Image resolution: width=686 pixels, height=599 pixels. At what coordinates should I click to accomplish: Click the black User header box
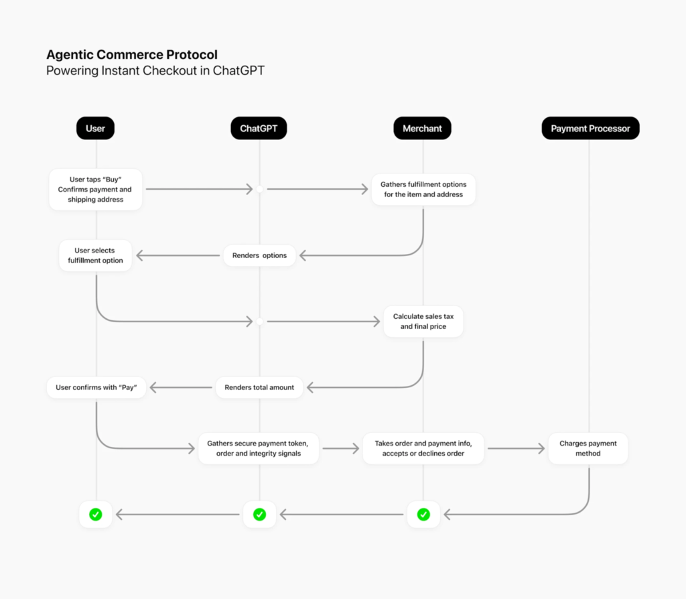(x=95, y=128)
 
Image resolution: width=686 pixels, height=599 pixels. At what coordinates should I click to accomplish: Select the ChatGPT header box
(x=259, y=128)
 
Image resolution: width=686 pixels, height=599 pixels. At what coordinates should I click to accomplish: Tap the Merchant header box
(x=422, y=128)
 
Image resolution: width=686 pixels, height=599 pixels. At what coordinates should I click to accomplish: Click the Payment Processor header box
(x=590, y=128)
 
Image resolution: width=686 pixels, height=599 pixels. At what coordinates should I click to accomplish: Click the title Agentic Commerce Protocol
(x=131, y=55)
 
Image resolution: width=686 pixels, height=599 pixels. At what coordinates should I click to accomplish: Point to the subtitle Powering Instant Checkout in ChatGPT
(x=155, y=71)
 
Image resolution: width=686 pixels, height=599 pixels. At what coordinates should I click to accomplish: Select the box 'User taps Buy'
(x=96, y=190)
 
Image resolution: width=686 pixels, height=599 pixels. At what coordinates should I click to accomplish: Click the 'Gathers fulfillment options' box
(x=423, y=190)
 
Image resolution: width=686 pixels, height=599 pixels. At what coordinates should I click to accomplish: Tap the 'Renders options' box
(x=259, y=255)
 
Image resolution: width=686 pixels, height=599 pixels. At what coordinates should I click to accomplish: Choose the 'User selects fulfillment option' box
(x=96, y=255)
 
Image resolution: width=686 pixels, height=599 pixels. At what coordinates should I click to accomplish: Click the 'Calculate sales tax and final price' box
(x=423, y=321)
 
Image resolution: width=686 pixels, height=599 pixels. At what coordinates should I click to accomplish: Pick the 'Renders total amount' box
(x=259, y=387)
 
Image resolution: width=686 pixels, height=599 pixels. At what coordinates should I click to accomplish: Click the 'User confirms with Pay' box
(x=96, y=387)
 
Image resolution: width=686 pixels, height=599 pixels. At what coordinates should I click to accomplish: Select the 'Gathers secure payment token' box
(x=259, y=448)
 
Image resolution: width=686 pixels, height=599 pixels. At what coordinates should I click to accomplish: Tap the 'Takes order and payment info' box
(x=423, y=448)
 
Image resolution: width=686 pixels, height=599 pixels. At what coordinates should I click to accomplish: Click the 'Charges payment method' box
(x=588, y=448)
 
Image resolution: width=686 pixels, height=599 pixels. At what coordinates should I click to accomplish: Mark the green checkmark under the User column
(x=96, y=515)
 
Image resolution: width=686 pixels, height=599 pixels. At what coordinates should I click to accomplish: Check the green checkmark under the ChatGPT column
(x=259, y=515)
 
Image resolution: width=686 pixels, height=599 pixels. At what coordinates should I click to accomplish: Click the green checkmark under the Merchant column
(x=423, y=515)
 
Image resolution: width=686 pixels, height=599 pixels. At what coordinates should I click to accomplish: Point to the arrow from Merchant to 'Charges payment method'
(x=516, y=448)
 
